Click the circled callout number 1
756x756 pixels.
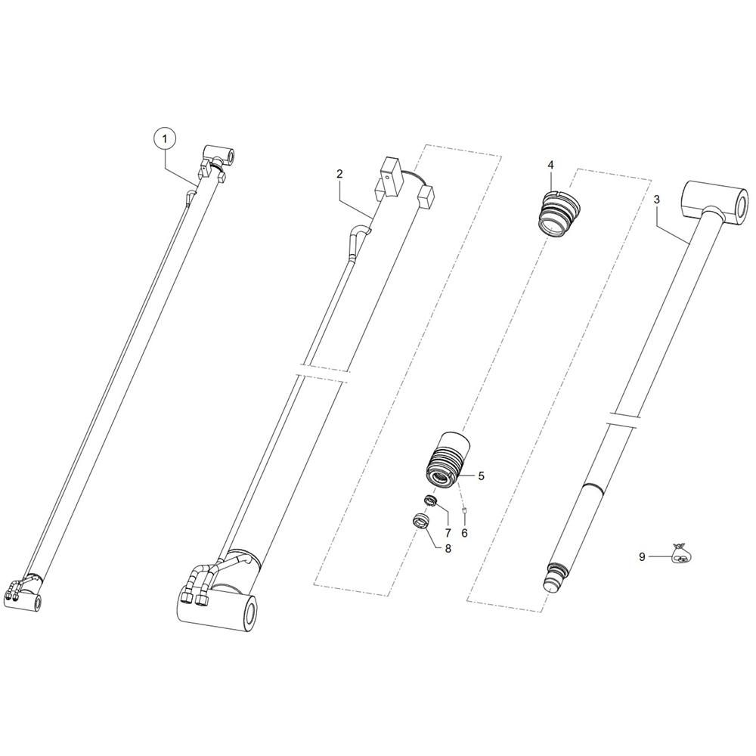165,139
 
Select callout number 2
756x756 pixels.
339,174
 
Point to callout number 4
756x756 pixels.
550,165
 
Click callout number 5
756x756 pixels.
481,476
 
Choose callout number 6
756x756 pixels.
464,533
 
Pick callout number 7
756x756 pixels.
448,533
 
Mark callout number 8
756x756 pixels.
448,549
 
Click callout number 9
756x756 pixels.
642,557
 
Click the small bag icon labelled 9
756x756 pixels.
682,553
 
